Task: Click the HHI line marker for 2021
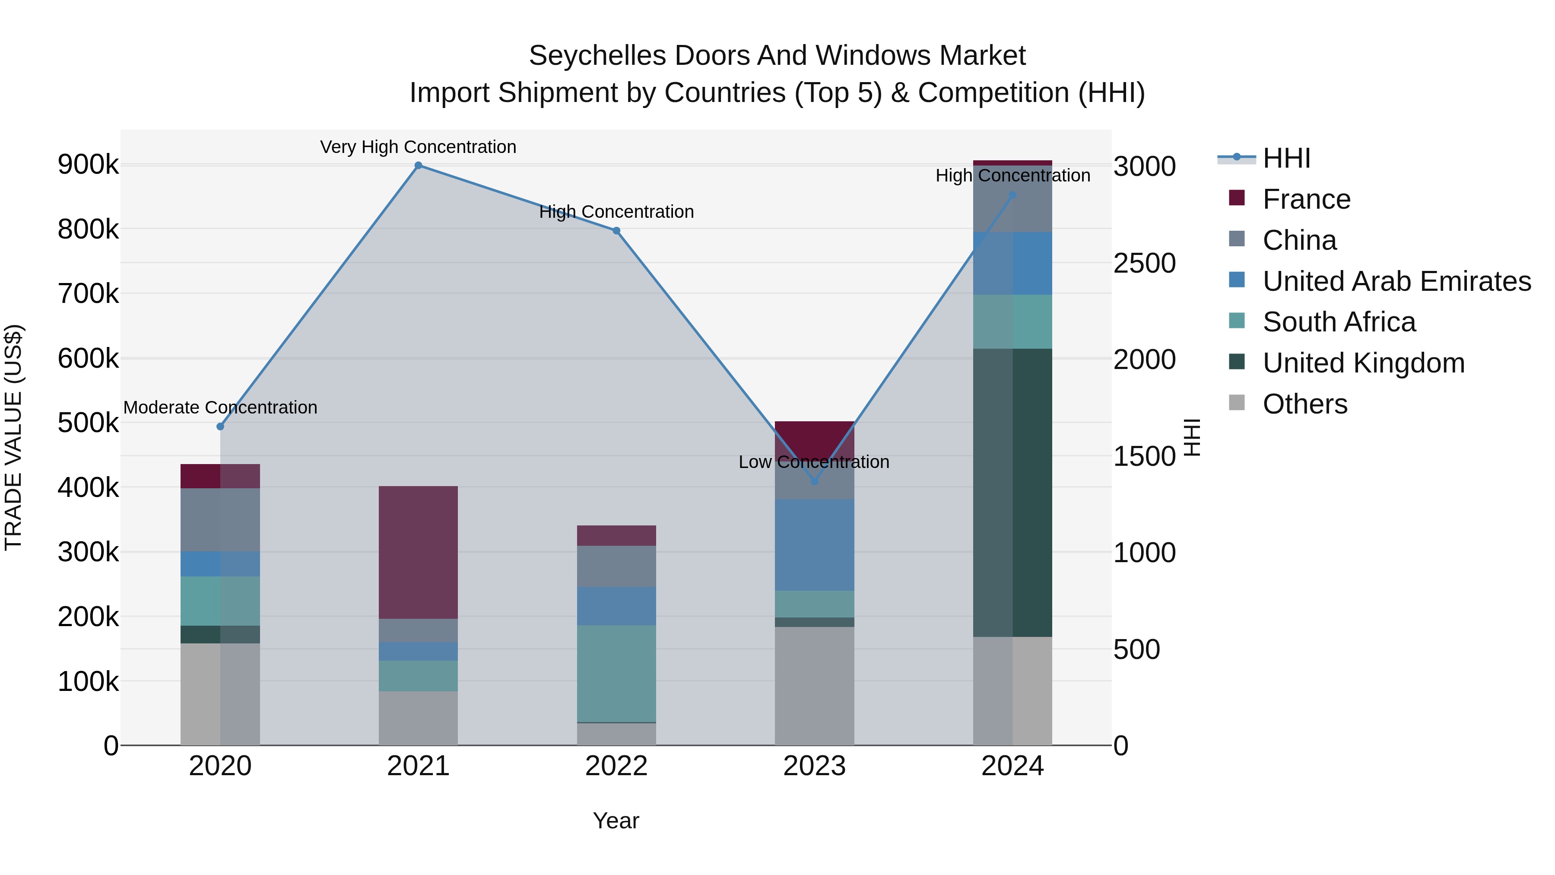pyautogui.click(x=418, y=165)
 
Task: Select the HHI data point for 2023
pyautogui.click(x=814, y=481)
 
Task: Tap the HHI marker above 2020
pyautogui.click(x=220, y=426)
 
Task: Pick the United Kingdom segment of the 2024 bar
pyautogui.click(x=1012, y=492)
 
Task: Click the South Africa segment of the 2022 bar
pyautogui.click(x=616, y=673)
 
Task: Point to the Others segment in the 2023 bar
pyautogui.click(x=814, y=685)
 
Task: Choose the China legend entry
pyautogui.click(x=1299, y=240)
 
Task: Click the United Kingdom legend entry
pyautogui.click(x=1363, y=363)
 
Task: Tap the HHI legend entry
pyautogui.click(x=1286, y=158)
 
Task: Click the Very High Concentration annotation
pyautogui.click(x=418, y=147)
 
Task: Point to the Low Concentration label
pyautogui.click(x=814, y=462)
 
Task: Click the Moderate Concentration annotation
pyautogui.click(x=220, y=407)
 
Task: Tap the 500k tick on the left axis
pyautogui.click(x=88, y=423)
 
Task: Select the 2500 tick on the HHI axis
pyautogui.click(x=1144, y=263)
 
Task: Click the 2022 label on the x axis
pyautogui.click(x=616, y=766)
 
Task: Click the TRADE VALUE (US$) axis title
pyautogui.click(x=13, y=437)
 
